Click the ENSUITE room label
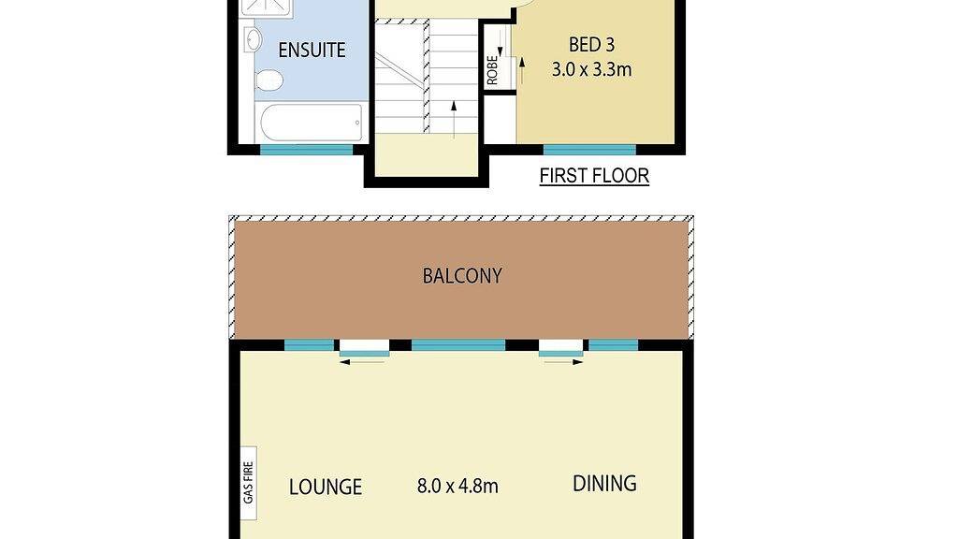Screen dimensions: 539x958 click(x=312, y=51)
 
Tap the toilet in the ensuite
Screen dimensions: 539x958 click(x=269, y=80)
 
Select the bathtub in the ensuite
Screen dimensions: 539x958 click(x=310, y=122)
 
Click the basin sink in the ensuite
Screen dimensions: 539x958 click(x=253, y=39)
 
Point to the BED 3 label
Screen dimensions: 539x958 click(x=592, y=44)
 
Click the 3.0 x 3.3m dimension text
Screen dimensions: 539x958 click(x=592, y=68)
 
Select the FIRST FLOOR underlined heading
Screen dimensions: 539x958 click(x=594, y=176)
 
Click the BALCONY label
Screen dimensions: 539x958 click(x=462, y=276)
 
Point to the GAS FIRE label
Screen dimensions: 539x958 click(x=248, y=482)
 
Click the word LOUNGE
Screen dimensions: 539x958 click(x=325, y=488)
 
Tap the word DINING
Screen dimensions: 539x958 click(x=604, y=484)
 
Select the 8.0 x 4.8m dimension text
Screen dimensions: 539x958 click(x=457, y=487)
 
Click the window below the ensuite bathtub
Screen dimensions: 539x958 click(x=306, y=150)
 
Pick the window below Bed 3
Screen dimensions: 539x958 click(x=589, y=150)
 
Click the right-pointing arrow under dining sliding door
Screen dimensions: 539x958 click(x=561, y=362)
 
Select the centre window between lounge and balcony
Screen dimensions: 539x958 click(x=458, y=345)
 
